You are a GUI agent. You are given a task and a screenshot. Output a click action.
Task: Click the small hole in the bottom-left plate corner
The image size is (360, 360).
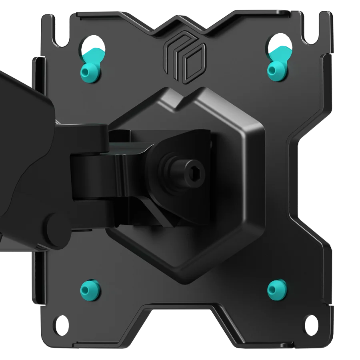pyautogui.click(x=60, y=321)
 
